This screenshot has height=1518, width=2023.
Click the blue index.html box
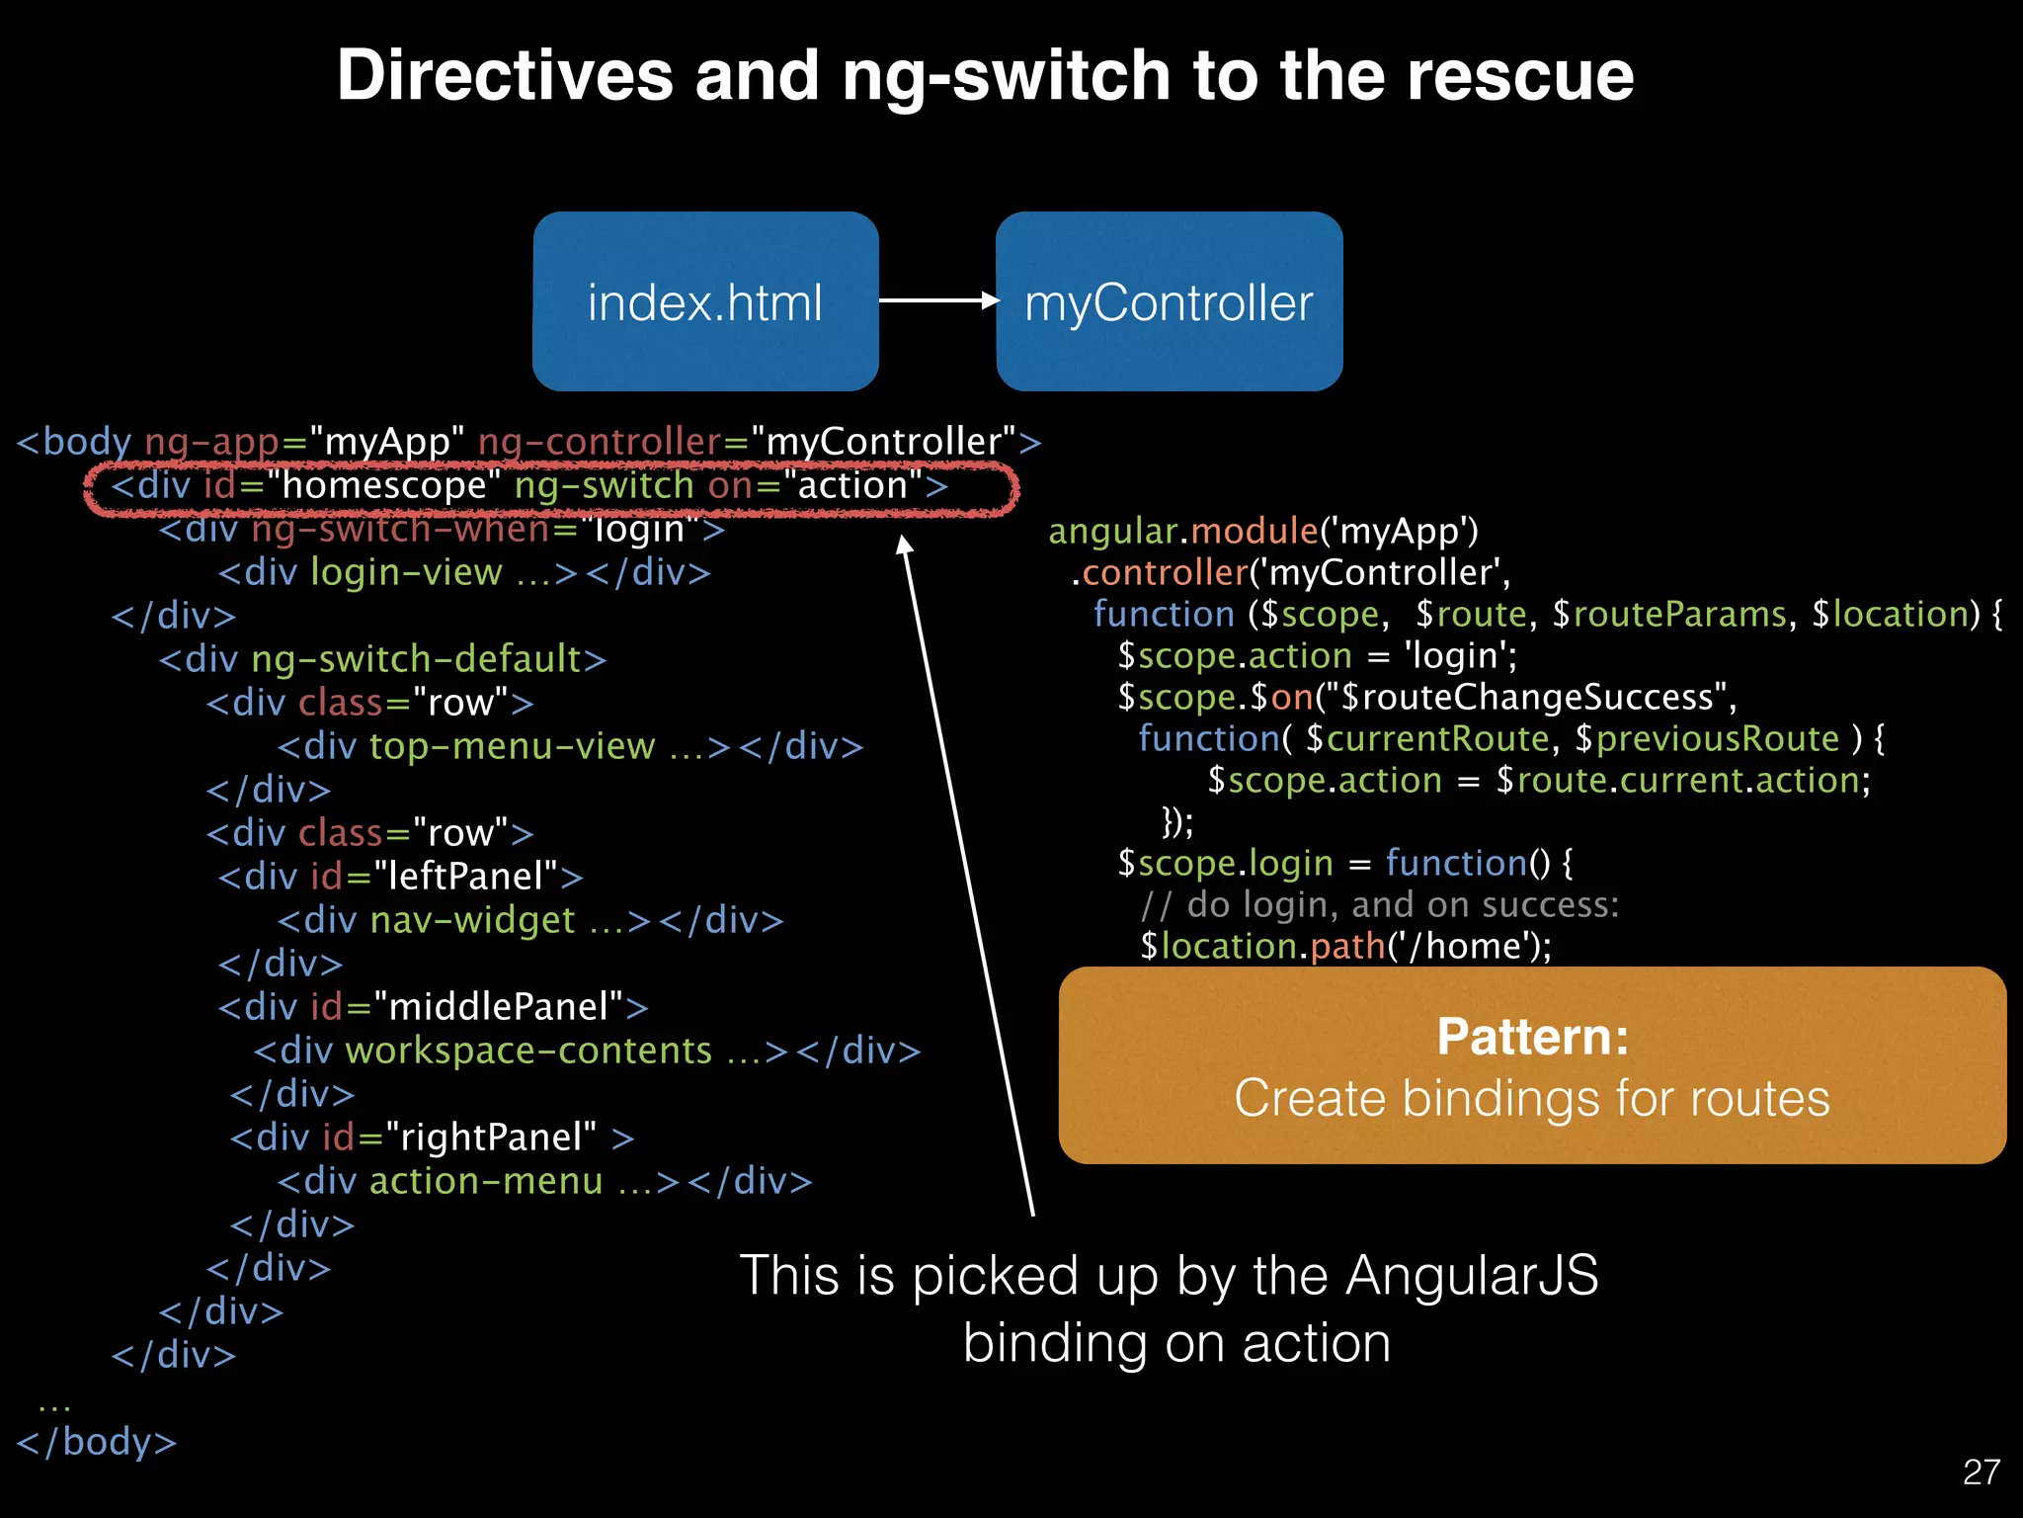pyautogui.click(x=705, y=301)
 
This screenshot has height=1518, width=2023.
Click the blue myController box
pyautogui.click(x=1169, y=301)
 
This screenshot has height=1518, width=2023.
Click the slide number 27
pyautogui.click(x=1981, y=1473)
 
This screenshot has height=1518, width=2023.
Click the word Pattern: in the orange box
pyautogui.click(x=1532, y=1037)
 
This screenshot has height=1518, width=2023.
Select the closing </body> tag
pyautogui.click(x=97, y=1442)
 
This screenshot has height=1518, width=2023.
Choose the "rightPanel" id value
pyautogui.click(x=491, y=1138)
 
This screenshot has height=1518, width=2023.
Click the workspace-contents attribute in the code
pyautogui.click(x=528, y=1051)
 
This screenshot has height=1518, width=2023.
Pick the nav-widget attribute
pyautogui.click(x=472, y=920)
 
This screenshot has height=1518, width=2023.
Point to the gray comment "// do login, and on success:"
pyautogui.click(x=1379, y=905)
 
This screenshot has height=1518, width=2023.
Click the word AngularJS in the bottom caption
pyautogui.click(x=1472, y=1275)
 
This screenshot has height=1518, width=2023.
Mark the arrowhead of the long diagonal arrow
pyautogui.click(x=904, y=545)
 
